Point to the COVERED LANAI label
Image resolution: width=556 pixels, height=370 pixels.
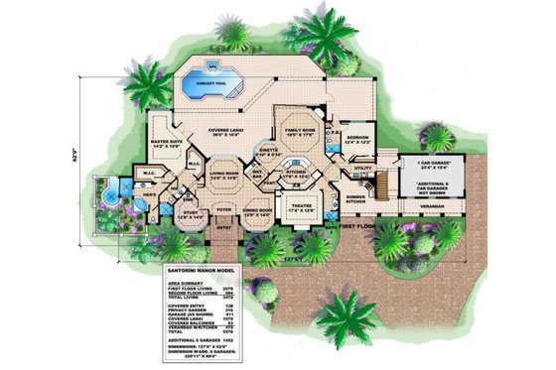click(x=229, y=135)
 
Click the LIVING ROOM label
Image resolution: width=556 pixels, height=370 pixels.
click(x=222, y=177)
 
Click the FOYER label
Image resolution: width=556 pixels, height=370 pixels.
click(x=224, y=210)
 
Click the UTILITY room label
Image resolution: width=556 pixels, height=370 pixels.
click(x=360, y=170)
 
